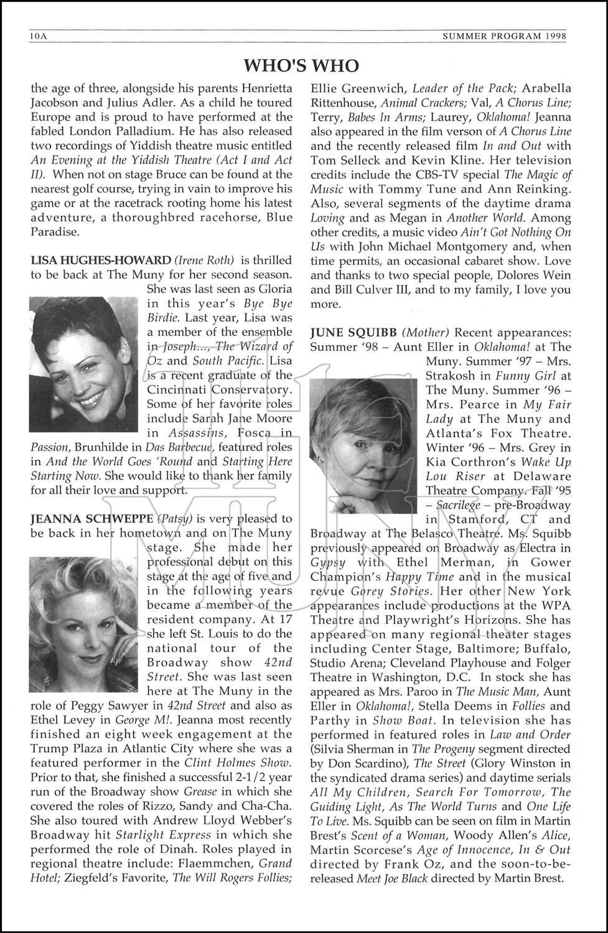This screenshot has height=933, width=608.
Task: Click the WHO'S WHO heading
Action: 301,65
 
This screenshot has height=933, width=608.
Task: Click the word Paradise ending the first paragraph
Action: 55,232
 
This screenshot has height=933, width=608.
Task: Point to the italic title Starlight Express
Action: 172,835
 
